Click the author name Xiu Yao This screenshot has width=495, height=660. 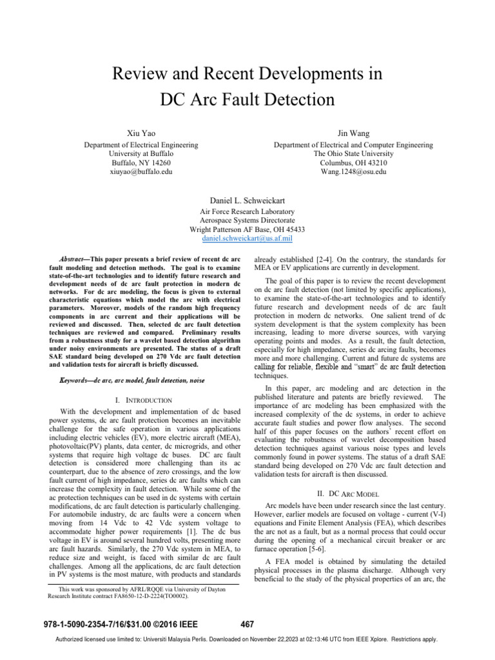click(x=141, y=131)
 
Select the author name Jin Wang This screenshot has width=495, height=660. click(x=353, y=131)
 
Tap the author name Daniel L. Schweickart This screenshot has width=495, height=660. click(x=247, y=199)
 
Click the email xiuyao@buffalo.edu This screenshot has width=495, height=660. click(x=141, y=172)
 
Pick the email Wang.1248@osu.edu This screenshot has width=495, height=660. click(x=353, y=172)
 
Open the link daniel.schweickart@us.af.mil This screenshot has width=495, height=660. click(x=247, y=238)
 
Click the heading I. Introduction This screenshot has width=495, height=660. click(x=141, y=400)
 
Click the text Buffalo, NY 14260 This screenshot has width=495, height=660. click(x=141, y=163)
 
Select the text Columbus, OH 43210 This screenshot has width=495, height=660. click(x=353, y=163)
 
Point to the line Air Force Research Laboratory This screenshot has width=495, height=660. click(x=247, y=211)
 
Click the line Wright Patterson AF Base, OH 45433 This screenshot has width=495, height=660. click(x=247, y=229)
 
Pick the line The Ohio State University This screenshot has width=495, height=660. click(x=353, y=154)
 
